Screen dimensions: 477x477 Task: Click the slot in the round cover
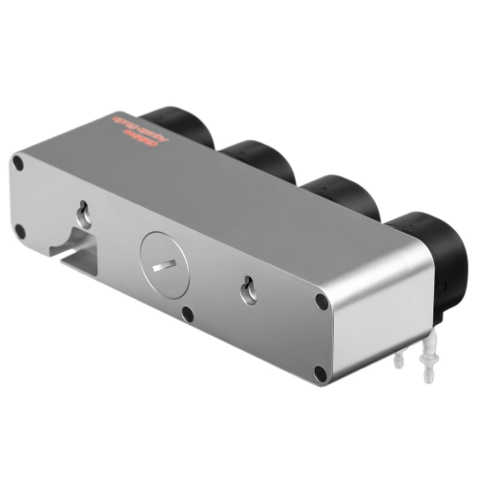point(166,263)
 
